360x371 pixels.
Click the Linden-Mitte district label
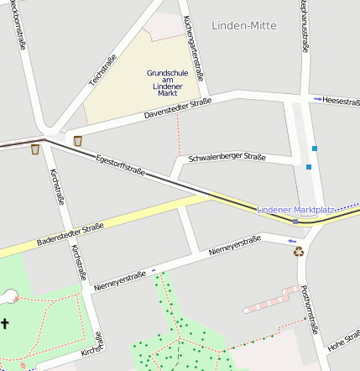click(244, 26)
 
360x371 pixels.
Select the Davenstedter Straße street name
click(177, 108)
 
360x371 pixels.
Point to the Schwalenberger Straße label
click(227, 157)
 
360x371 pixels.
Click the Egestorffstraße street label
click(120, 165)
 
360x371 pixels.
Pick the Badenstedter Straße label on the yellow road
click(70, 235)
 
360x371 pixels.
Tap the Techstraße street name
click(103, 71)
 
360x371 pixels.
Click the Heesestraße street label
click(342, 99)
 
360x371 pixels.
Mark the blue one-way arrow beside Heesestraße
click(317, 99)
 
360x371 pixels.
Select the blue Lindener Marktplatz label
click(295, 208)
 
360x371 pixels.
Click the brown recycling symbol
click(298, 251)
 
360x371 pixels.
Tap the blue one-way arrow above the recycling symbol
click(291, 241)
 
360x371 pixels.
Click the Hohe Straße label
click(342, 340)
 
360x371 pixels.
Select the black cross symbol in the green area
click(4, 323)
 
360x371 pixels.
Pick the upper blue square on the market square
click(315, 149)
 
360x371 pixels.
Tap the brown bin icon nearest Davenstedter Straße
click(78, 140)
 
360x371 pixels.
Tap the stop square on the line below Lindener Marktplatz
click(295, 222)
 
